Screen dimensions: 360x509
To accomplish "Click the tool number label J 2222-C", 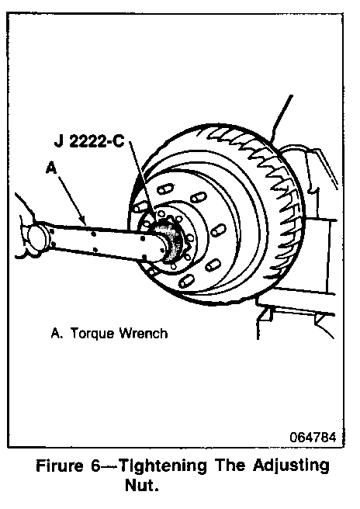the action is [x=89, y=142].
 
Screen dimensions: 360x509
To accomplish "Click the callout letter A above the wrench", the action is [x=51, y=168].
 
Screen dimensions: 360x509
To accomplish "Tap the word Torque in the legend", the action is [x=92, y=334].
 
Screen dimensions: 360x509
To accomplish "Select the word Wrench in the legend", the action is [x=144, y=334].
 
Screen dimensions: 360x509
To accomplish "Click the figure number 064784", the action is [x=313, y=438].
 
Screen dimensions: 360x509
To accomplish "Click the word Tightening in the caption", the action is [x=163, y=467].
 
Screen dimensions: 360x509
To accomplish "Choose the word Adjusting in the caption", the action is [x=291, y=466].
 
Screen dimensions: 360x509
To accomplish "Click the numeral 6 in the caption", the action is [x=95, y=466].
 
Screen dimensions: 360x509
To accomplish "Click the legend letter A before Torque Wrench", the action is [x=56, y=334].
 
